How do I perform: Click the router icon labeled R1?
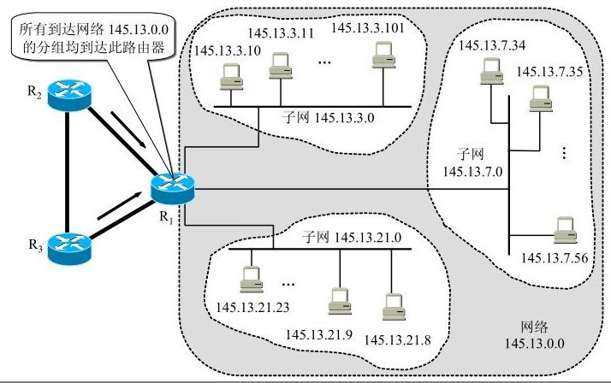click(174, 187)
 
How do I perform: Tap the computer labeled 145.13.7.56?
click(563, 230)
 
